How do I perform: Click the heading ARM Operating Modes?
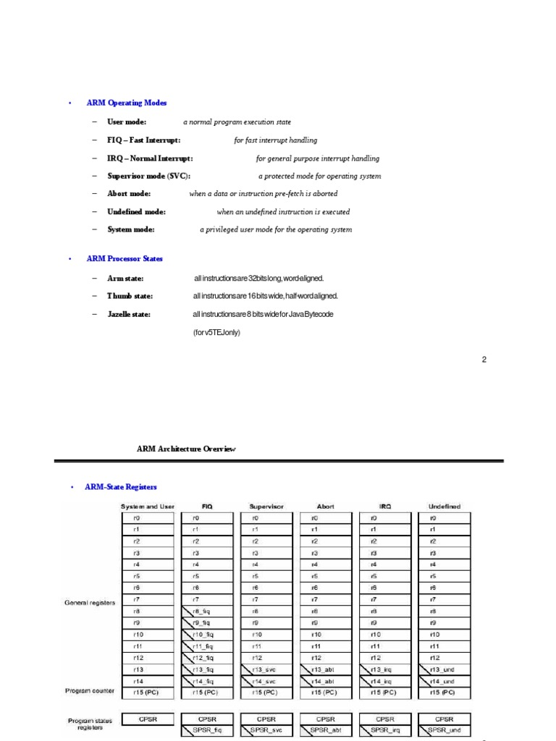click(x=127, y=103)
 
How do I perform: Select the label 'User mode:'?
click(x=127, y=122)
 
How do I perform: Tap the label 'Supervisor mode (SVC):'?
click(x=149, y=176)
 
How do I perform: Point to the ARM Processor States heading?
click(x=125, y=258)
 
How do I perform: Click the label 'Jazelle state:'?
click(x=129, y=314)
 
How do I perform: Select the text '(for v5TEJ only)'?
click(x=216, y=332)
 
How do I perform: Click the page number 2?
click(x=484, y=360)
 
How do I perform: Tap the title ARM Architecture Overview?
click(x=186, y=449)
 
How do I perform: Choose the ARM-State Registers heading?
click(x=121, y=488)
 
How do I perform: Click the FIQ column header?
click(x=207, y=507)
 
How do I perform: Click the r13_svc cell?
click(x=266, y=669)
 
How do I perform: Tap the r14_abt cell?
click(x=325, y=681)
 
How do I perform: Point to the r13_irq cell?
click(x=385, y=669)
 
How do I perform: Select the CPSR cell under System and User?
click(x=148, y=719)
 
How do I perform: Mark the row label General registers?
click(x=90, y=602)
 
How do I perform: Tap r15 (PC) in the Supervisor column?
click(x=266, y=693)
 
